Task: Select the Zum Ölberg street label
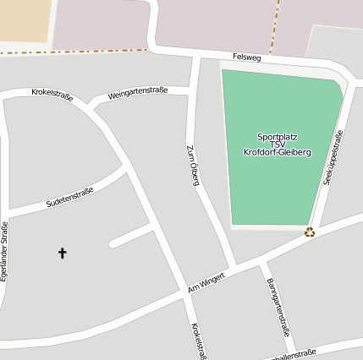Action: [x=192, y=163]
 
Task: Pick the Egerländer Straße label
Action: [x=5, y=251]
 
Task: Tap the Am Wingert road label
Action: [x=206, y=283]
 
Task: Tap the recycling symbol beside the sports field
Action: [x=310, y=232]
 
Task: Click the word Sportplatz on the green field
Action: [x=277, y=136]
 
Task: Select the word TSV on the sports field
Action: [x=277, y=145]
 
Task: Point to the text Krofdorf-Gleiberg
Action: [x=277, y=153]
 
